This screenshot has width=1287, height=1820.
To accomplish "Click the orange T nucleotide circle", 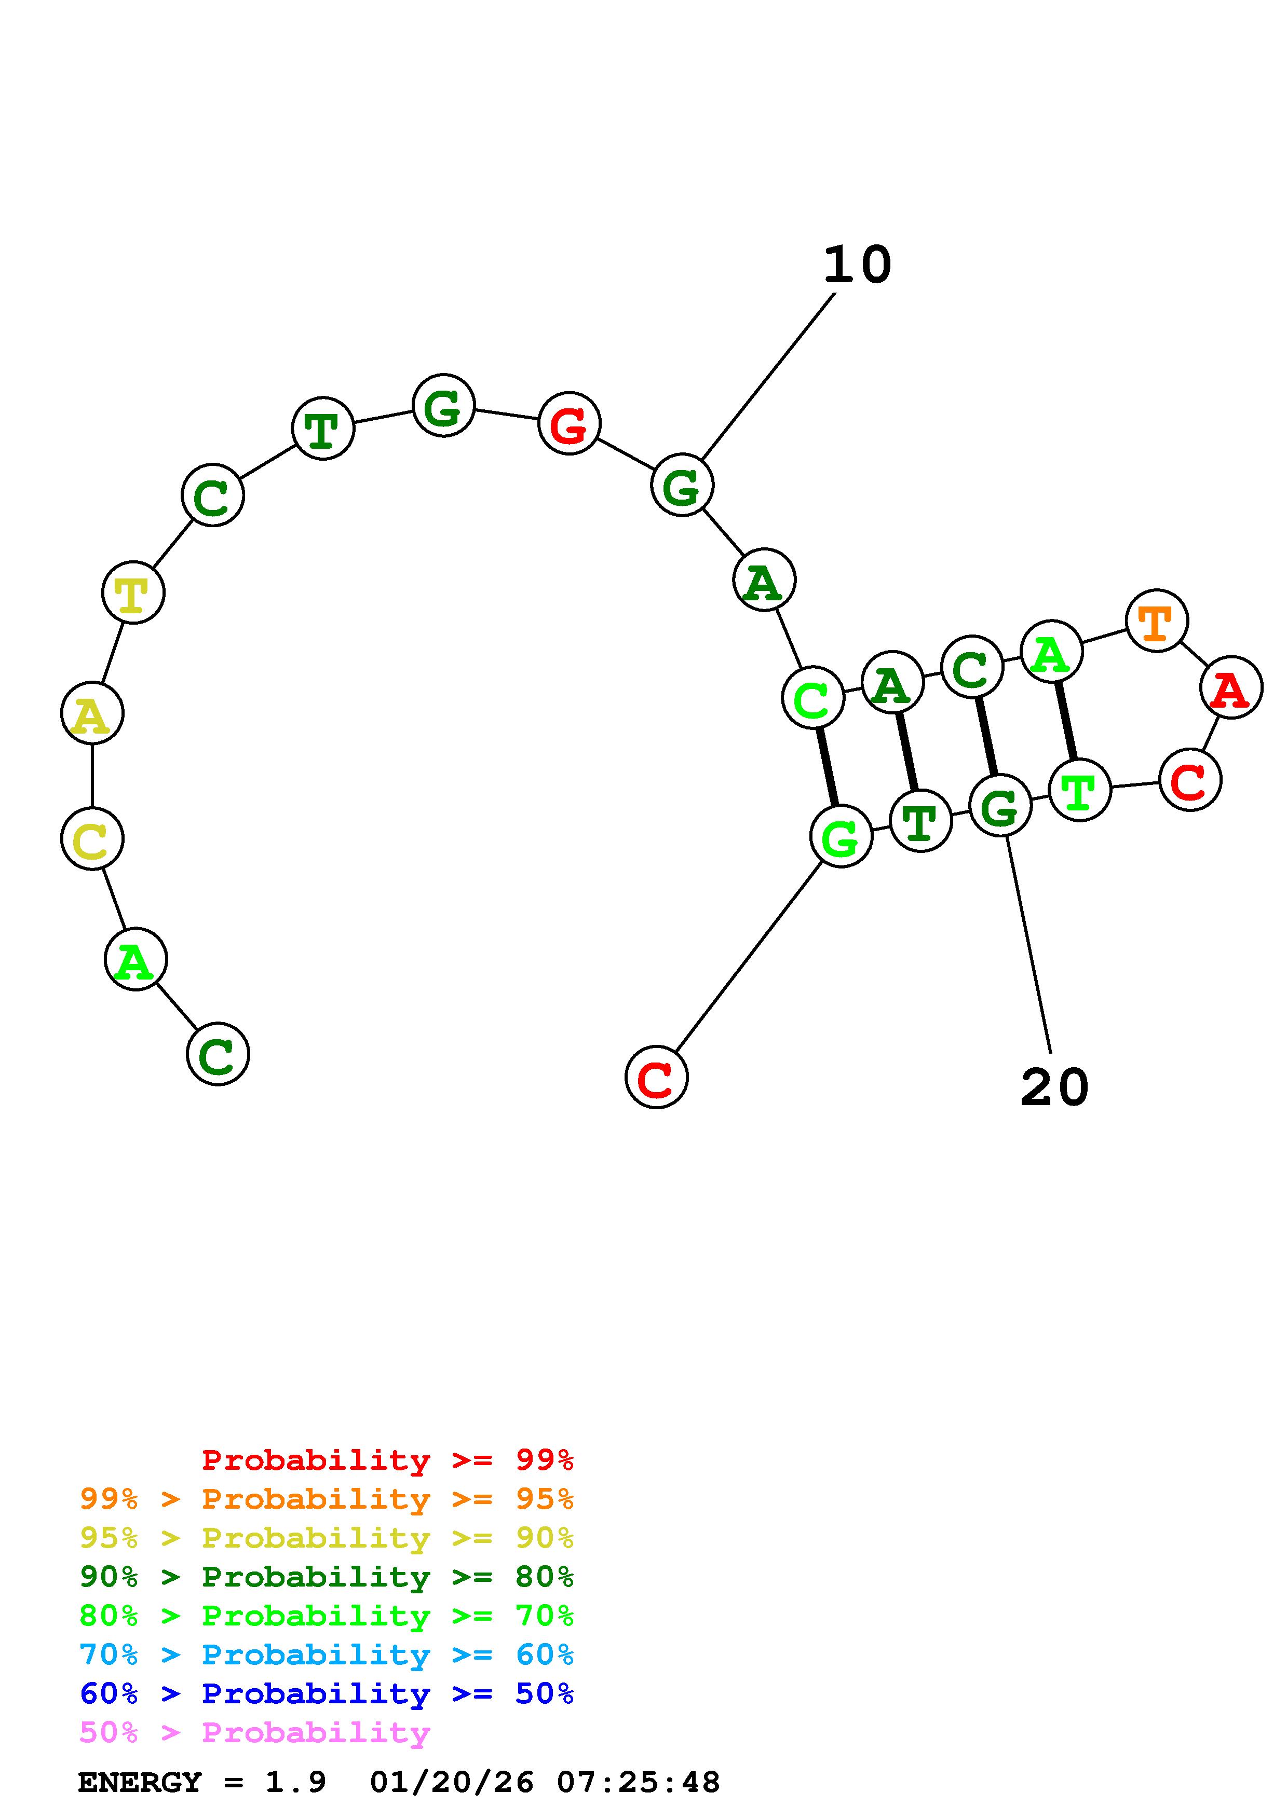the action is point(1156,621).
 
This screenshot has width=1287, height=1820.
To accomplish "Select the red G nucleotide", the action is point(568,423).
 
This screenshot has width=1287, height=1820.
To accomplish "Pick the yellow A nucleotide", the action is point(92,713).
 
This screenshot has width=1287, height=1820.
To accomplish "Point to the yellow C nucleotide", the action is point(92,838).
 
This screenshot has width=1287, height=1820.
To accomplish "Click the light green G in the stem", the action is point(841,836).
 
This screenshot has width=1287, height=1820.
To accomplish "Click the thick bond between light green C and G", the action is point(827,767).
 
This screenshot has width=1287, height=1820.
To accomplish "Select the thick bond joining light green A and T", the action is point(1065,721).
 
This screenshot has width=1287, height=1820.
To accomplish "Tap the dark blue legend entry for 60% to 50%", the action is point(326,1693).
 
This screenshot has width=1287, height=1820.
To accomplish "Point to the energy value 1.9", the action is point(295,1782).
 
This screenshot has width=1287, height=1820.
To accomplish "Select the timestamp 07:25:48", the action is point(639,1782).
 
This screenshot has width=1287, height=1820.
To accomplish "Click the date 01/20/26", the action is point(452,1782).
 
